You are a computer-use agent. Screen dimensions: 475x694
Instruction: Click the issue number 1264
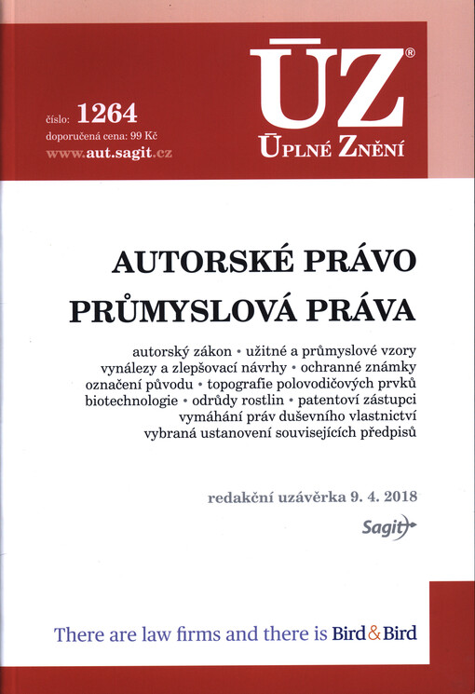[x=108, y=115]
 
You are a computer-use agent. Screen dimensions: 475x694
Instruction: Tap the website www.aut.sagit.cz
[x=109, y=152]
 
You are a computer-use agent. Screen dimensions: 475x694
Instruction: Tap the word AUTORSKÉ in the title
[x=187, y=262]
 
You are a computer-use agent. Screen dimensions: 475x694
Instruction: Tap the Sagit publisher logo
[x=384, y=528]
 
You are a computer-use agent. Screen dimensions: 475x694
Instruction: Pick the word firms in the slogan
[x=214, y=634]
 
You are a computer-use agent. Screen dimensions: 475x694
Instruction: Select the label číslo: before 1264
[x=57, y=118]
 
